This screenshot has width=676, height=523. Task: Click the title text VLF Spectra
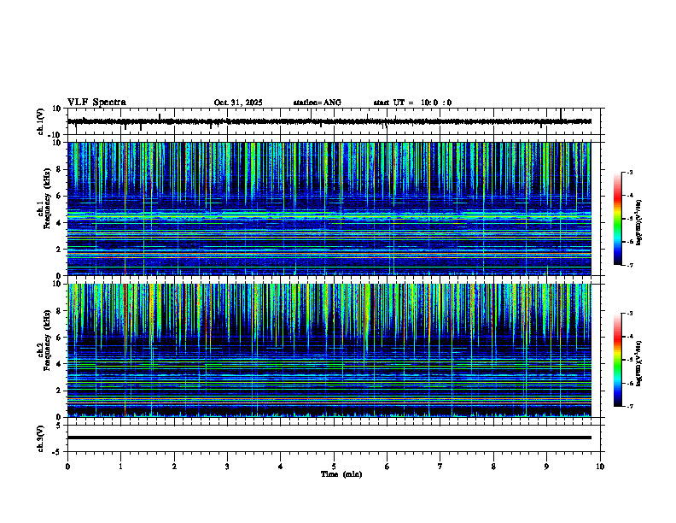coord(96,102)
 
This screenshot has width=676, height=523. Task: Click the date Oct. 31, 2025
coord(238,103)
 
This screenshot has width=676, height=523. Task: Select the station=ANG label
coord(317,103)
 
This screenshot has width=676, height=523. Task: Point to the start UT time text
coord(412,103)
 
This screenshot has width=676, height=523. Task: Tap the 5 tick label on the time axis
coord(334,467)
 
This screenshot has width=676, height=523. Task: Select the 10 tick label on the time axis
coord(600,467)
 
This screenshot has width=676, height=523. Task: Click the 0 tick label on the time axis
coord(67,467)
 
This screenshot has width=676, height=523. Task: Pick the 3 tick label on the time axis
coord(227,467)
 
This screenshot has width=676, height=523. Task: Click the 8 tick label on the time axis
coord(493,467)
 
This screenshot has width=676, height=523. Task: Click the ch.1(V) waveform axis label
coord(40,121)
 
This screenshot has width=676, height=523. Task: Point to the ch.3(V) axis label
coord(40,438)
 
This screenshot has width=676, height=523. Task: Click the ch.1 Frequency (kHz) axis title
coord(44,209)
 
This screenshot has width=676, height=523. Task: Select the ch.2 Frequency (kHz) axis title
coord(44,350)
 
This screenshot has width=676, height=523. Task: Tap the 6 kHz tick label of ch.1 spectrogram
coord(58,196)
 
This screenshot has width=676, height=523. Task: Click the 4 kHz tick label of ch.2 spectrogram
coord(58,364)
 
